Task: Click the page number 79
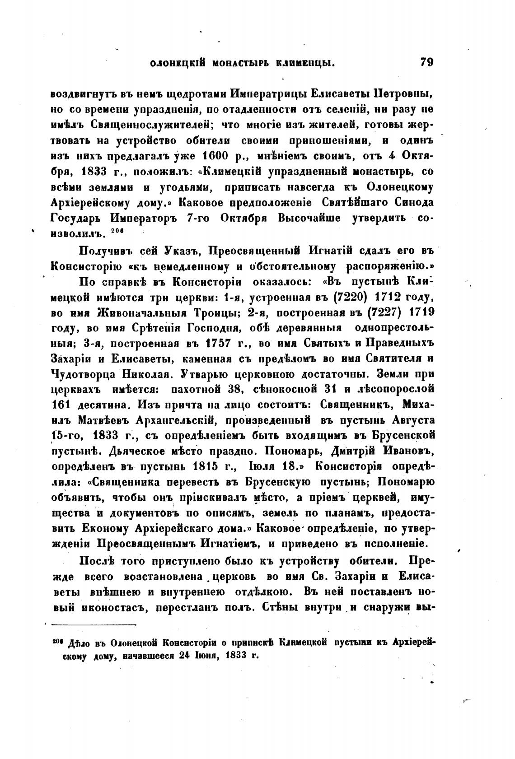[426, 62]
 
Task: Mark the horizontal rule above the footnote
[94, 625]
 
